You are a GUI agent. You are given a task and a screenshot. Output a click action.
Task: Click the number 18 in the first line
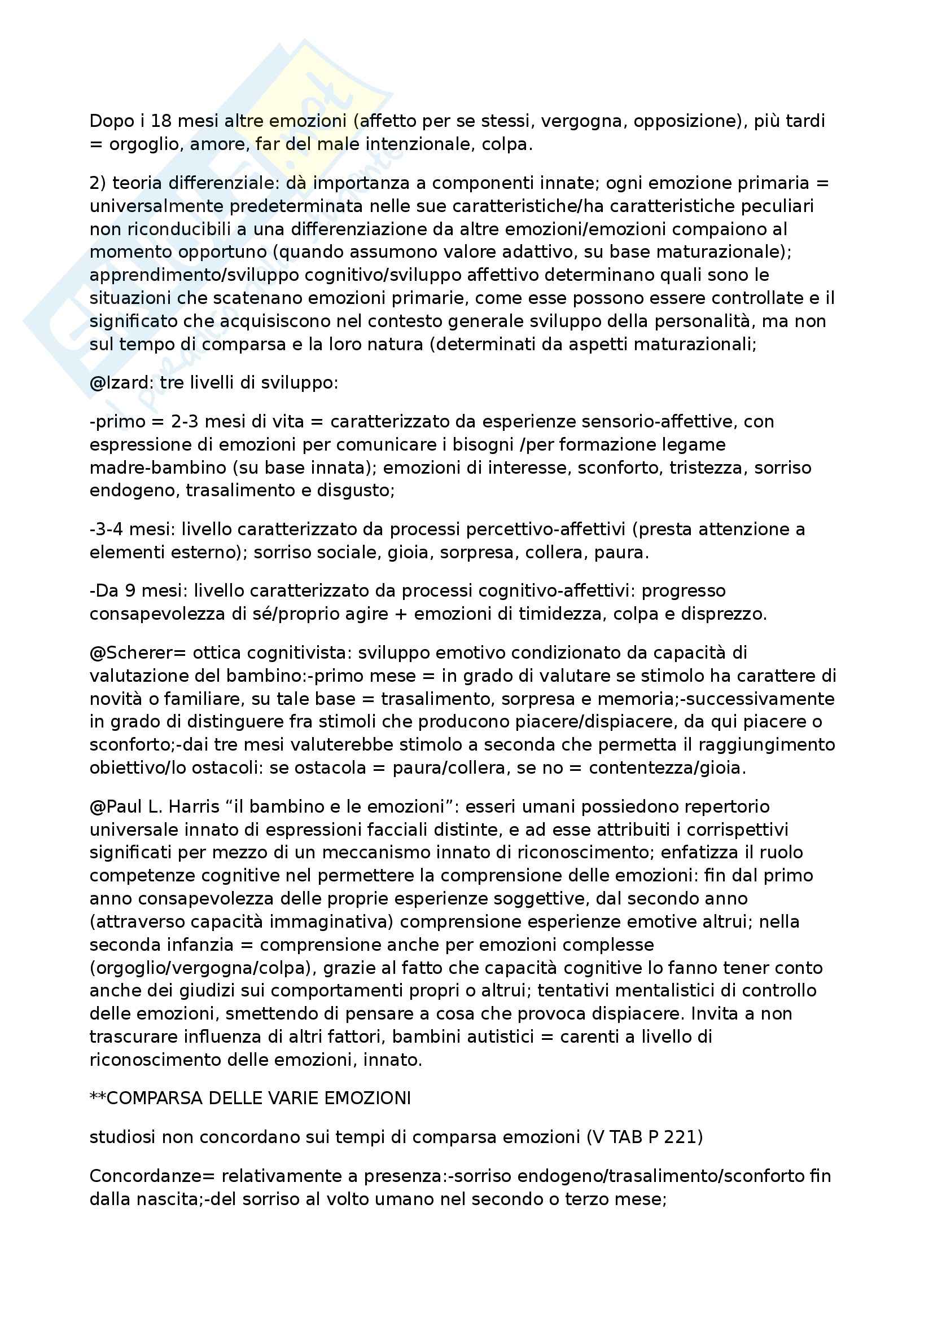pos(161,121)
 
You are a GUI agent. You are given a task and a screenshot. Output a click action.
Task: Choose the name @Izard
pos(122,383)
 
